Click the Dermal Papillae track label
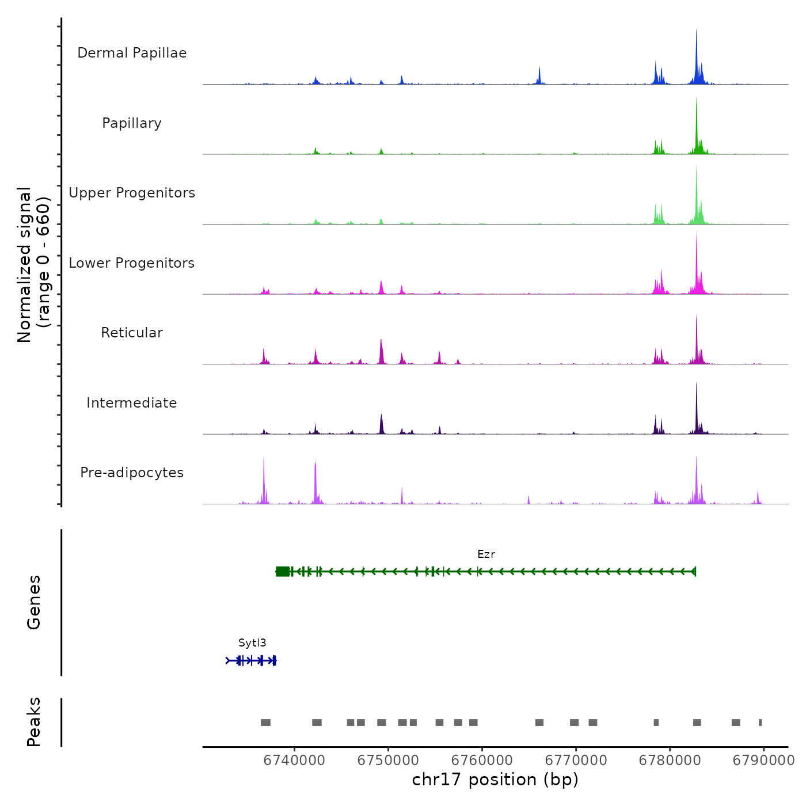pyautogui.click(x=132, y=53)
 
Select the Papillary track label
pyautogui.click(x=132, y=123)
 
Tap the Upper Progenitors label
pyautogui.click(x=132, y=193)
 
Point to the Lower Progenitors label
pyautogui.click(x=132, y=263)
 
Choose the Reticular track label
pyautogui.click(x=132, y=333)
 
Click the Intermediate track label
pyautogui.click(x=132, y=403)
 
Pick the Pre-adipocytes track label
pyautogui.click(x=132, y=473)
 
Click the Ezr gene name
pyautogui.click(x=486, y=554)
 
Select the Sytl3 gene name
pyautogui.click(x=252, y=643)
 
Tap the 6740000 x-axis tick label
pyautogui.click(x=294, y=761)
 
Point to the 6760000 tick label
pyautogui.click(x=482, y=761)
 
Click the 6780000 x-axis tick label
pyautogui.click(x=670, y=761)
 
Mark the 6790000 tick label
pyautogui.click(x=763, y=761)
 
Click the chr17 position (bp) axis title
pyautogui.click(x=495, y=780)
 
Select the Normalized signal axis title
pyautogui.click(x=33, y=265)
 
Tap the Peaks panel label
pyautogui.click(x=34, y=722)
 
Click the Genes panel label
pyautogui.click(x=34, y=602)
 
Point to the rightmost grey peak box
pyautogui.click(x=760, y=723)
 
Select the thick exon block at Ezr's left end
pyautogui.click(x=283, y=571)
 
